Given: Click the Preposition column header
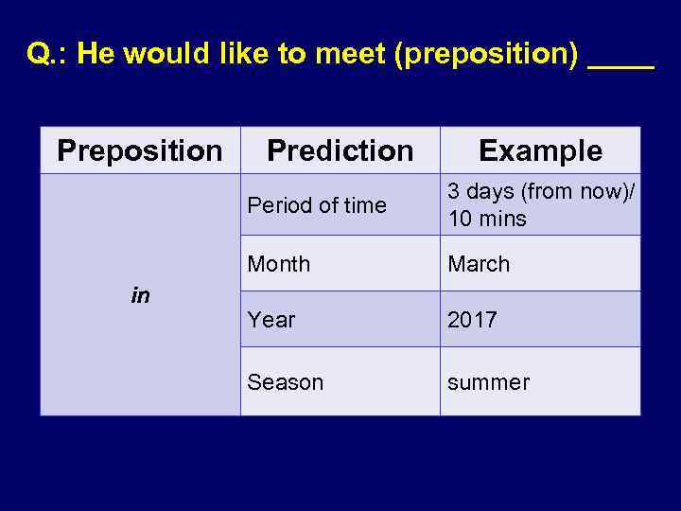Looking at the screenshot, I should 140,150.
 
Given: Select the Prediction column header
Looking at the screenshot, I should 340,150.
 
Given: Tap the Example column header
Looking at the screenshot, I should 540,150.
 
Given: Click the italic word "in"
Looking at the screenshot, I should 140,296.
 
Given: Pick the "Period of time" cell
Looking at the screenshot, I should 317,205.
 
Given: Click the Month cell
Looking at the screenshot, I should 278,264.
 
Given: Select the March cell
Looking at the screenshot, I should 479,264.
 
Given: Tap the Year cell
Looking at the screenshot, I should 271,320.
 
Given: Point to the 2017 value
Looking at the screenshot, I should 472,320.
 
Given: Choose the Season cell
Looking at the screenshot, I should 285,382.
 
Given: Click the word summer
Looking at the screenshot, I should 488,382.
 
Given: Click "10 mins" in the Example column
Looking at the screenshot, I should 487,220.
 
